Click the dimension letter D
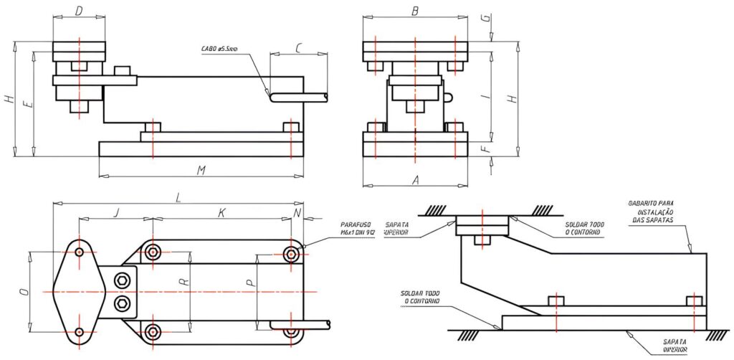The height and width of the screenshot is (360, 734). [x=79, y=11]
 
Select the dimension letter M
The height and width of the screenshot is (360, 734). [x=202, y=169]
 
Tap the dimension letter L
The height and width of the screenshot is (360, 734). [x=177, y=196]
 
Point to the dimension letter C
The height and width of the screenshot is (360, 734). [x=298, y=48]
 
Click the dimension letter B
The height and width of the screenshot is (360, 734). [x=415, y=11]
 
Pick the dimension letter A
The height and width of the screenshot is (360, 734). [x=415, y=180]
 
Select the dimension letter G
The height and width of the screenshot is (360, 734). [x=488, y=19]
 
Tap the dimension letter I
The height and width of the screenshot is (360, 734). [x=488, y=95]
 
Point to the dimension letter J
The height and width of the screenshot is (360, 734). [x=116, y=212]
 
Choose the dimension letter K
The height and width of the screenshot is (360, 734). [x=221, y=212]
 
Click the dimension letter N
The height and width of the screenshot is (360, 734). [x=297, y=212]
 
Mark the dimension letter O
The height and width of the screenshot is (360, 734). [x=23, y=292]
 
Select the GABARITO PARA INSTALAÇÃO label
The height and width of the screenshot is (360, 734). [x=653, y=212]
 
